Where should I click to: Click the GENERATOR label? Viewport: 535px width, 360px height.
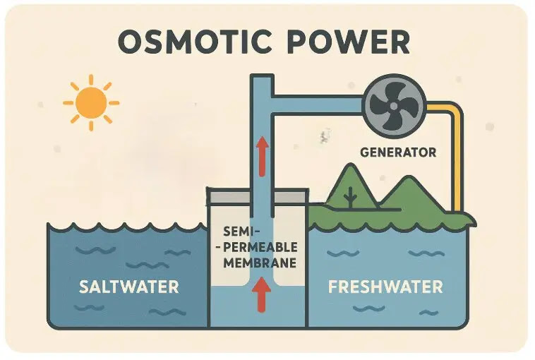(x=398, y=152)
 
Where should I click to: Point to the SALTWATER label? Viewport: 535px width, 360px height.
(x=128, y=287)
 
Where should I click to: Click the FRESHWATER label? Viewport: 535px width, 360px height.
(x=386, y=287)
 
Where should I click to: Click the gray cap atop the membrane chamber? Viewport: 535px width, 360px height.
(x=256, y=193)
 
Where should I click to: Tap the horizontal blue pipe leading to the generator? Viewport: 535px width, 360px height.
(x=318, y=104)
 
